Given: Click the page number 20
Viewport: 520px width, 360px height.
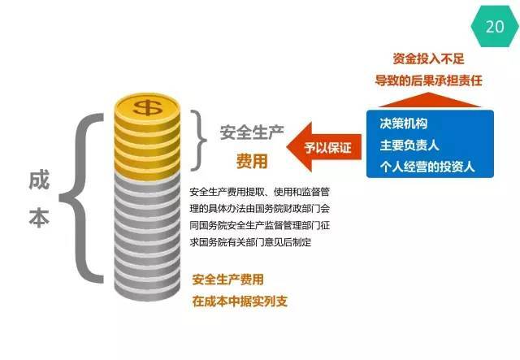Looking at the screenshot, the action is coord(495,27).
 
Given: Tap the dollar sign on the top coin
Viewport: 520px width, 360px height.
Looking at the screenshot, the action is coord(148,106).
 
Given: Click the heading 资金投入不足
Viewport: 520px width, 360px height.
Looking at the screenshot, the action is coord(428,59).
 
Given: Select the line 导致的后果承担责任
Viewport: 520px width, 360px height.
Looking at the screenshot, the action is coord(428,80).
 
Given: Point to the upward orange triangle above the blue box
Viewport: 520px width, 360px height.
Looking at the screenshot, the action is coord(430,100).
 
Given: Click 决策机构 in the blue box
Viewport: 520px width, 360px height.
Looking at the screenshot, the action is coord(404,124).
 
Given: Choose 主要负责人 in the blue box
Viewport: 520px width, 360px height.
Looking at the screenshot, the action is coord(409,145).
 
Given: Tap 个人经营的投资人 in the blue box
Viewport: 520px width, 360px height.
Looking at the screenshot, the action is coord(427,167).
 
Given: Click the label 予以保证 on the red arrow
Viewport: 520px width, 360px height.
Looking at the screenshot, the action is coord(328,147).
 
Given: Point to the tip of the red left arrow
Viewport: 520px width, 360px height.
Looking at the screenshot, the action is coord(287,147).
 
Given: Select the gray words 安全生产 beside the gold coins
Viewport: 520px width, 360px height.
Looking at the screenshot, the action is coord(252,132).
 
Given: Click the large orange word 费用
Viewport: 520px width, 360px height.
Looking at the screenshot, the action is coord(252,161).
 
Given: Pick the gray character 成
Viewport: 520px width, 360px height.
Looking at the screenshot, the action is coord(39,180).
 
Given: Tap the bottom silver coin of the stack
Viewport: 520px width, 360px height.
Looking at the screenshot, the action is coord(148,291).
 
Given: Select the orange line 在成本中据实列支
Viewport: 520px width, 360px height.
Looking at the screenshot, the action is coord(240,301).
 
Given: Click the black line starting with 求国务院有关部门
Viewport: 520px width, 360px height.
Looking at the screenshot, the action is coord(251,242).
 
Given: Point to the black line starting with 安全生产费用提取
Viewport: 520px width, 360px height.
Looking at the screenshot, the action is coord(260,192).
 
